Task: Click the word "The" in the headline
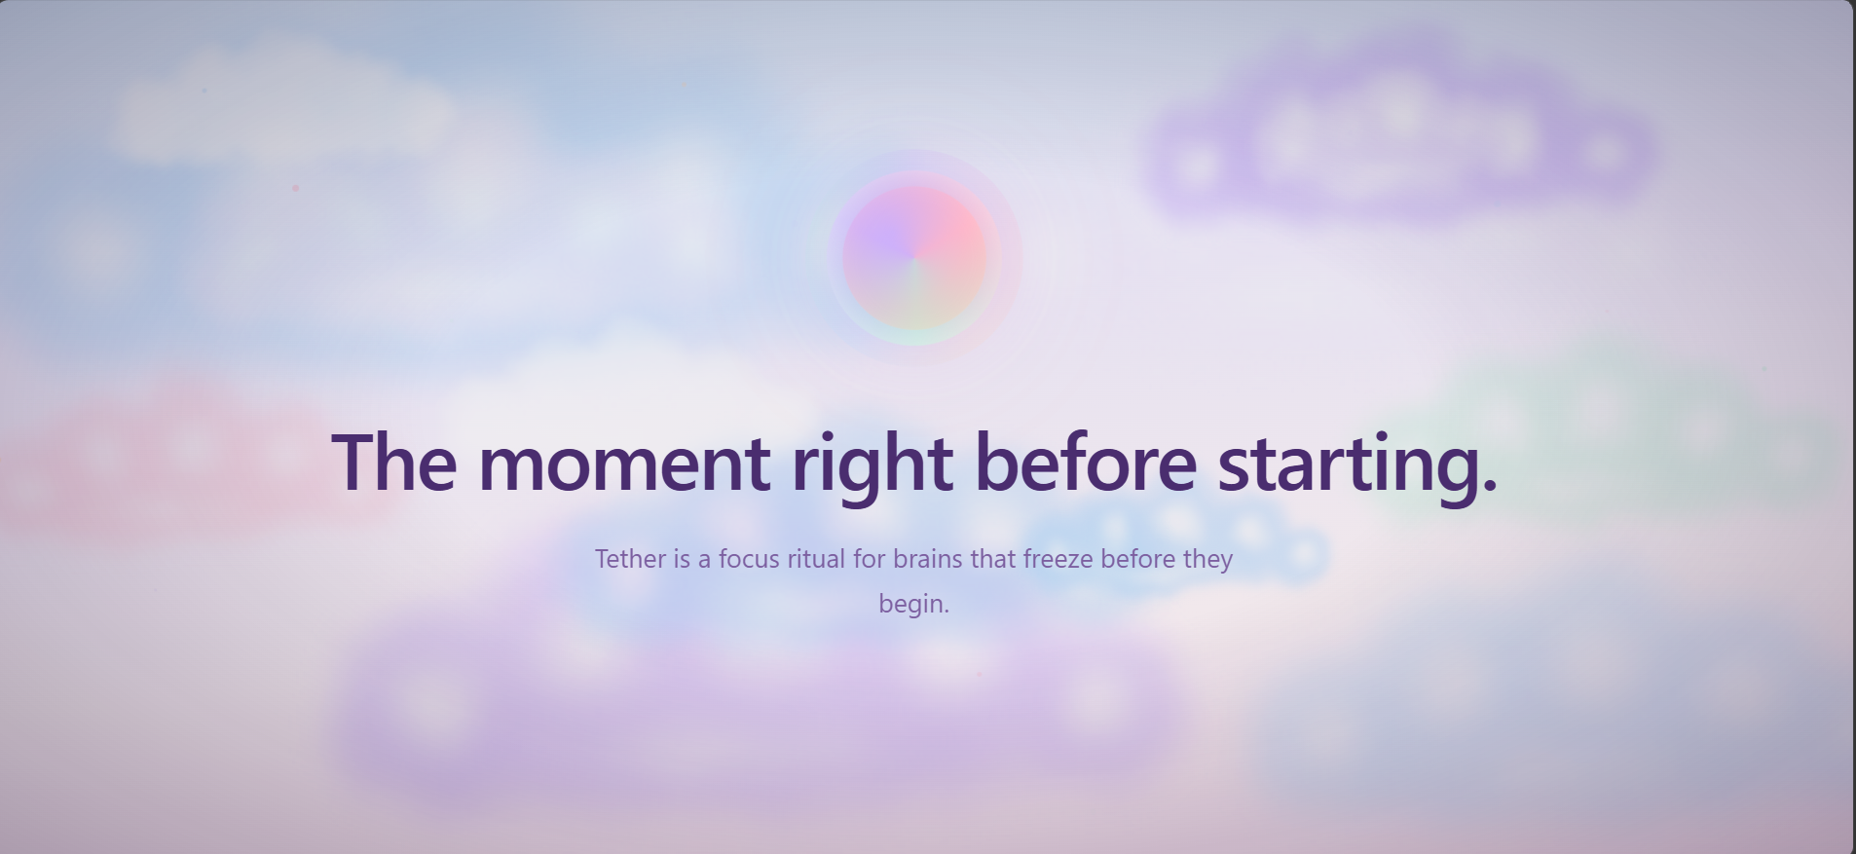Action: tap(394, 462)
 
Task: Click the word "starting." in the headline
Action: tap(1357, 466)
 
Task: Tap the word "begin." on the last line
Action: tap(913, 605)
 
